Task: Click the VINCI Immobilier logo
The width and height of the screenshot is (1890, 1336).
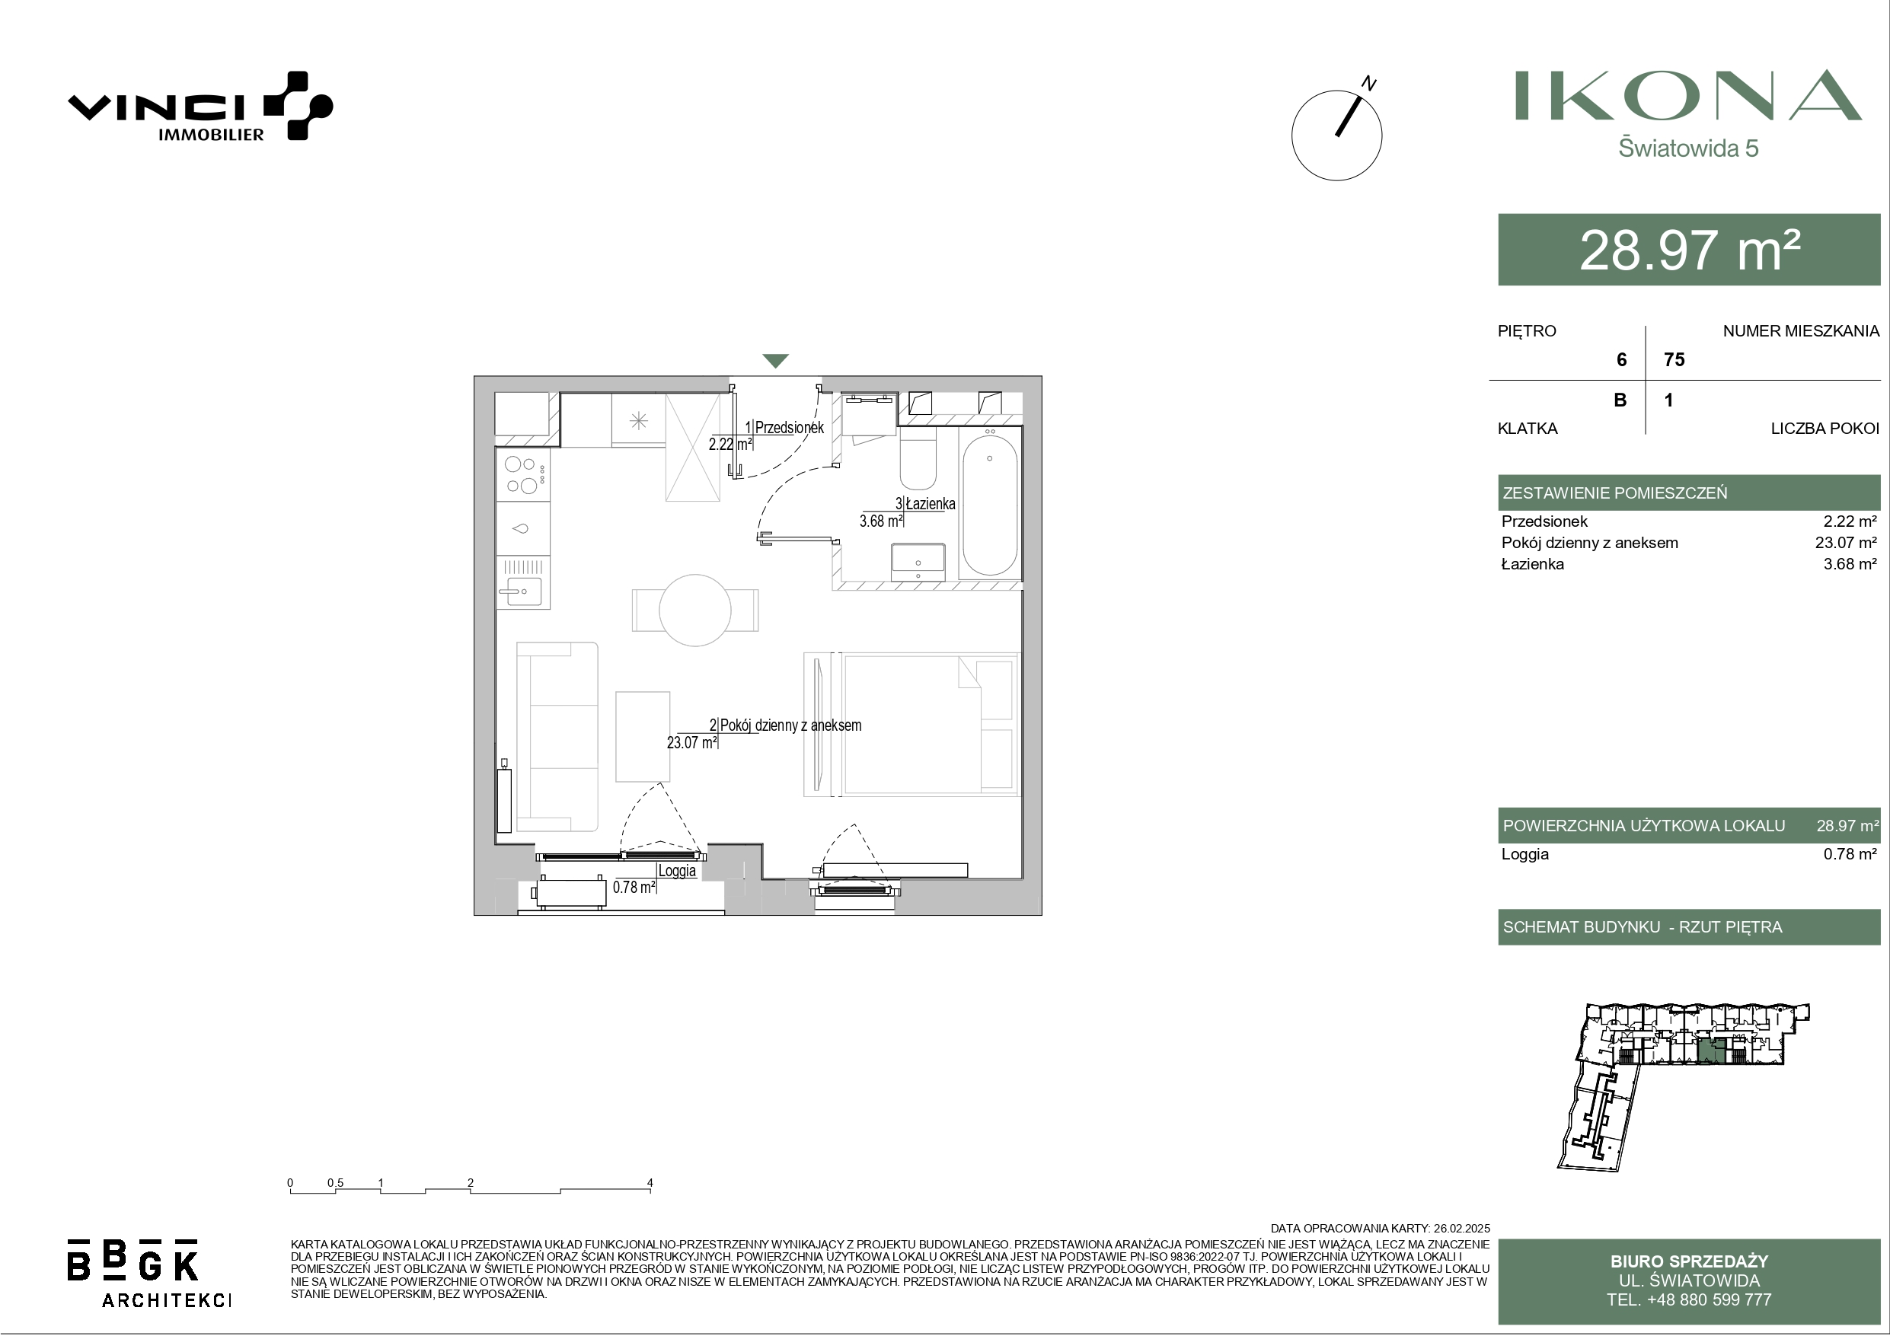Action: click(x=200, y=106)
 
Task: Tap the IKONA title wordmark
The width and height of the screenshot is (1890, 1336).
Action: click(x=1688, y=95)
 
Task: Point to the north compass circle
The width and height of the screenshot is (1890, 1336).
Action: click(x=1337, y=136)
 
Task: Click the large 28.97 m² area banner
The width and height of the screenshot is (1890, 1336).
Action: click(x=1689, y=250)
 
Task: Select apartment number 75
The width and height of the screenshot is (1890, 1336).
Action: click(x=1675, y=360)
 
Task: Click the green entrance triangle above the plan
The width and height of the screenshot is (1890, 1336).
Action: click(x=775, y=361)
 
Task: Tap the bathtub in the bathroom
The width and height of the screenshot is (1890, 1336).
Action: click(x=989, y=505)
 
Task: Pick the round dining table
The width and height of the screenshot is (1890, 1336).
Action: click(x=694, y=610)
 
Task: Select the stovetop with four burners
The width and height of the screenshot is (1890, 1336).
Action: click(x=522, y=475)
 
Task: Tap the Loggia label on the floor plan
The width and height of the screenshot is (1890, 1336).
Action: click(x=677, y=871)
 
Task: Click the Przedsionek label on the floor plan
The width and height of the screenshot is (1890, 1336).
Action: click(x=789, y=427)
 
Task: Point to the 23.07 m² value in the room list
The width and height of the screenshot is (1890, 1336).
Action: click(x=1846, y=543)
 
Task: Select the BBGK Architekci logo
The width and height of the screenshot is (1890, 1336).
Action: click(x=149, y=1273)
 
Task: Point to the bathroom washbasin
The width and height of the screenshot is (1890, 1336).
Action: click(x=918, y=563)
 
